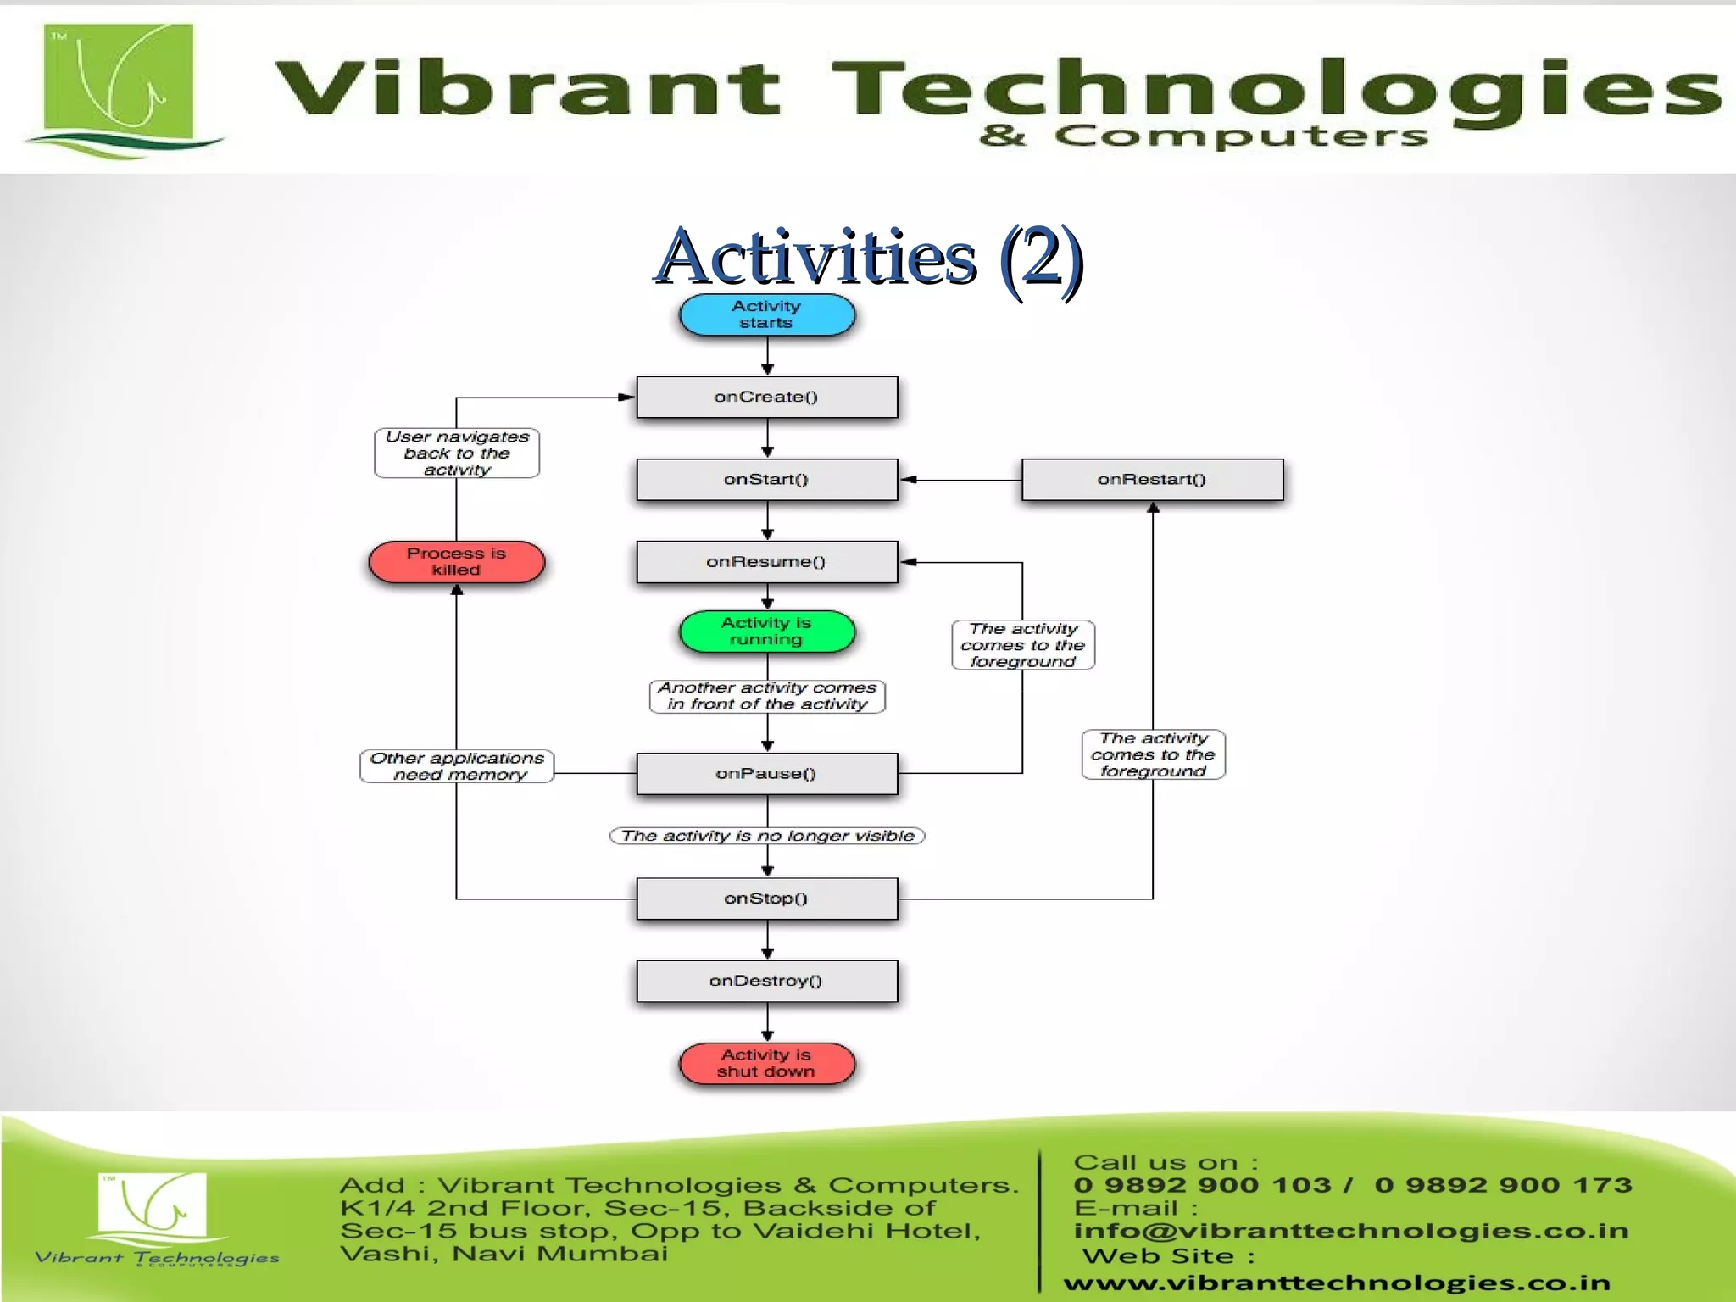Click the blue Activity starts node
[766, 315]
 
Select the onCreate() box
[766, 397]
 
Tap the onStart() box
[766, 480]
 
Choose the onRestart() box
[1152, 480]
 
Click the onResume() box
[766, 562]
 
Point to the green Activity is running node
[766, 632]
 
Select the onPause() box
[766, 773]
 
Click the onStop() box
[766, 899]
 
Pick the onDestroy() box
[766, 981]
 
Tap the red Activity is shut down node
[766, 1063]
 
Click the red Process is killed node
[456, 562]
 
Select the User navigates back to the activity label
[457, 453]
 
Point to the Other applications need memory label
[457, 766]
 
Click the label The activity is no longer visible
[767, 836]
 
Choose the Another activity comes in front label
[767, 696]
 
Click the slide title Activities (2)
[868, 257]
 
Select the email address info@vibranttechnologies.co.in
[1351, 1231]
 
